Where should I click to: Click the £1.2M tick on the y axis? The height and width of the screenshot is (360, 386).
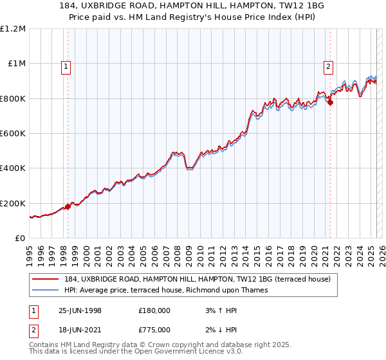(13, 28)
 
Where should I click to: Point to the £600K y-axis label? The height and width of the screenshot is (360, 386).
(13, 134)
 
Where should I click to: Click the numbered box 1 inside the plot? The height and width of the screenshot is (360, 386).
(68, 65)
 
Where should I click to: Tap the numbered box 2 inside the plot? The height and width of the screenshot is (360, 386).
(328, 65)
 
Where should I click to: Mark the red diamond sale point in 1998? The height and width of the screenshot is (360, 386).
(68, 207)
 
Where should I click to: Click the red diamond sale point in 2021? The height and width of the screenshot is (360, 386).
(331, 102)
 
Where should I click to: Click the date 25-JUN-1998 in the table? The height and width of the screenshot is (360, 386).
(80, 310)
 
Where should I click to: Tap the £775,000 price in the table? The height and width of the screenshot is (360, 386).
(154, 330)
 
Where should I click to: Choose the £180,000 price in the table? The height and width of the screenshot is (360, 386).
(154, 310)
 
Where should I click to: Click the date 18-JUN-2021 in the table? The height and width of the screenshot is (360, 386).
(80, 330)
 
